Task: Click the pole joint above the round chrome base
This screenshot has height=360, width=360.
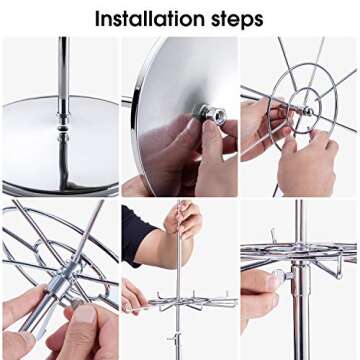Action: (63, 127)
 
